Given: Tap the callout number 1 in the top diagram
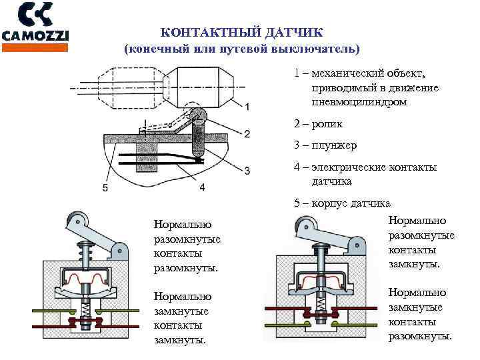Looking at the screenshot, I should [x=247, y=107].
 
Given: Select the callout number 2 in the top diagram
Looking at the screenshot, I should [x=247, y=134].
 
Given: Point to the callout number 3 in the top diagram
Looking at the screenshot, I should [x=247, y=171].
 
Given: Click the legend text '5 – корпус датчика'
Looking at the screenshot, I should [x=342, y=203].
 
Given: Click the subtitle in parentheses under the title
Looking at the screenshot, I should [x=241, y=49].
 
